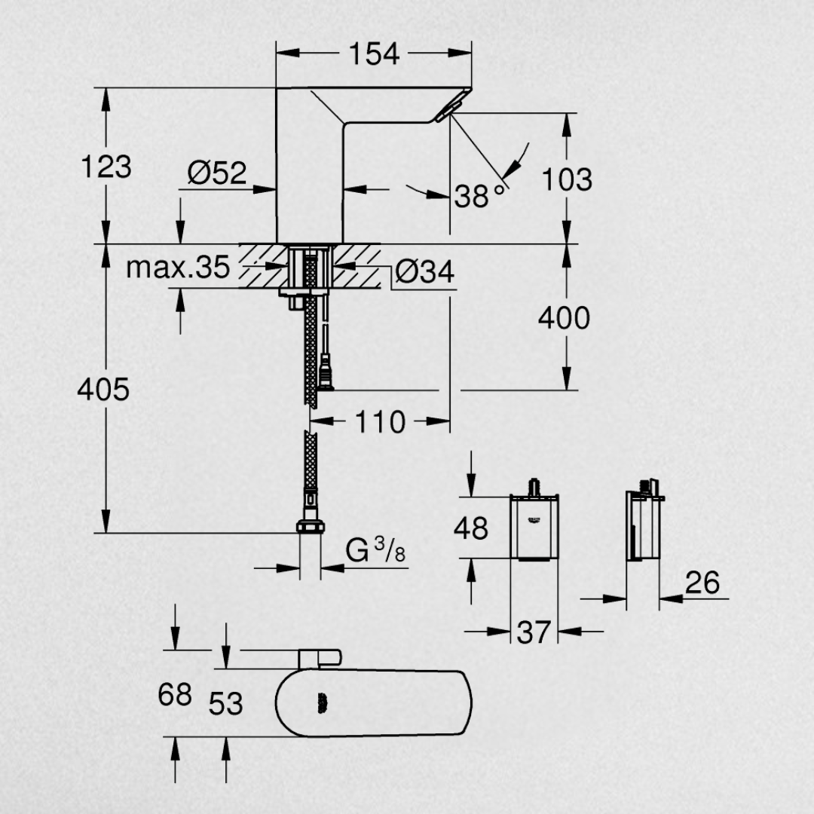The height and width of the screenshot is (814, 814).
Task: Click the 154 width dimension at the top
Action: (x=374, y=54)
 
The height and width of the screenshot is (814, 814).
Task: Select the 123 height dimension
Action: (x=106, y=167)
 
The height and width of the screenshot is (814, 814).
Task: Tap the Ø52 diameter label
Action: (x=217, y=173)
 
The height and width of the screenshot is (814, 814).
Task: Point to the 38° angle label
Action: (x=479, y=196)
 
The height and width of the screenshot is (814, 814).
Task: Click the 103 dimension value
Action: (x=566, y=179)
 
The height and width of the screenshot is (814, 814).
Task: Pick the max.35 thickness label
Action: (x=178, y=268)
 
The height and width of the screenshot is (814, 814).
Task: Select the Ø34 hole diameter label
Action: (x=424, y=271)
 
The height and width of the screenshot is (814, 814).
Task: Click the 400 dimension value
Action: (x=565, y=318)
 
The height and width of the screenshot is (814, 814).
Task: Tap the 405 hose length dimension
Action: (x=103, y=390)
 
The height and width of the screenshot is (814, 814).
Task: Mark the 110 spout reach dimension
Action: (x=380, y=421)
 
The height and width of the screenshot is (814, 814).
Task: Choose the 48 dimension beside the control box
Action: (x=471, y=528)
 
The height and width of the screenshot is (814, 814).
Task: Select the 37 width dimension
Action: (x=534, y=632)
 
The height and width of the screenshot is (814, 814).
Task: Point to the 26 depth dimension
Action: (x=702, y=583)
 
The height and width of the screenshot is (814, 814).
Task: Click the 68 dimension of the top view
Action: (x=175, y=695)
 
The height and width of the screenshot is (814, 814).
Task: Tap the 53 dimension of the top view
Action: (x=226, y=704)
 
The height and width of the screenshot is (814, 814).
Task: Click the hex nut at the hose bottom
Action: (x=311, y=527)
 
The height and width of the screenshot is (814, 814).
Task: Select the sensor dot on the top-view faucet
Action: (x=322, y=703)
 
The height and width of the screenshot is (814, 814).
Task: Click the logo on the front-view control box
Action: (x=534, y=519)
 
